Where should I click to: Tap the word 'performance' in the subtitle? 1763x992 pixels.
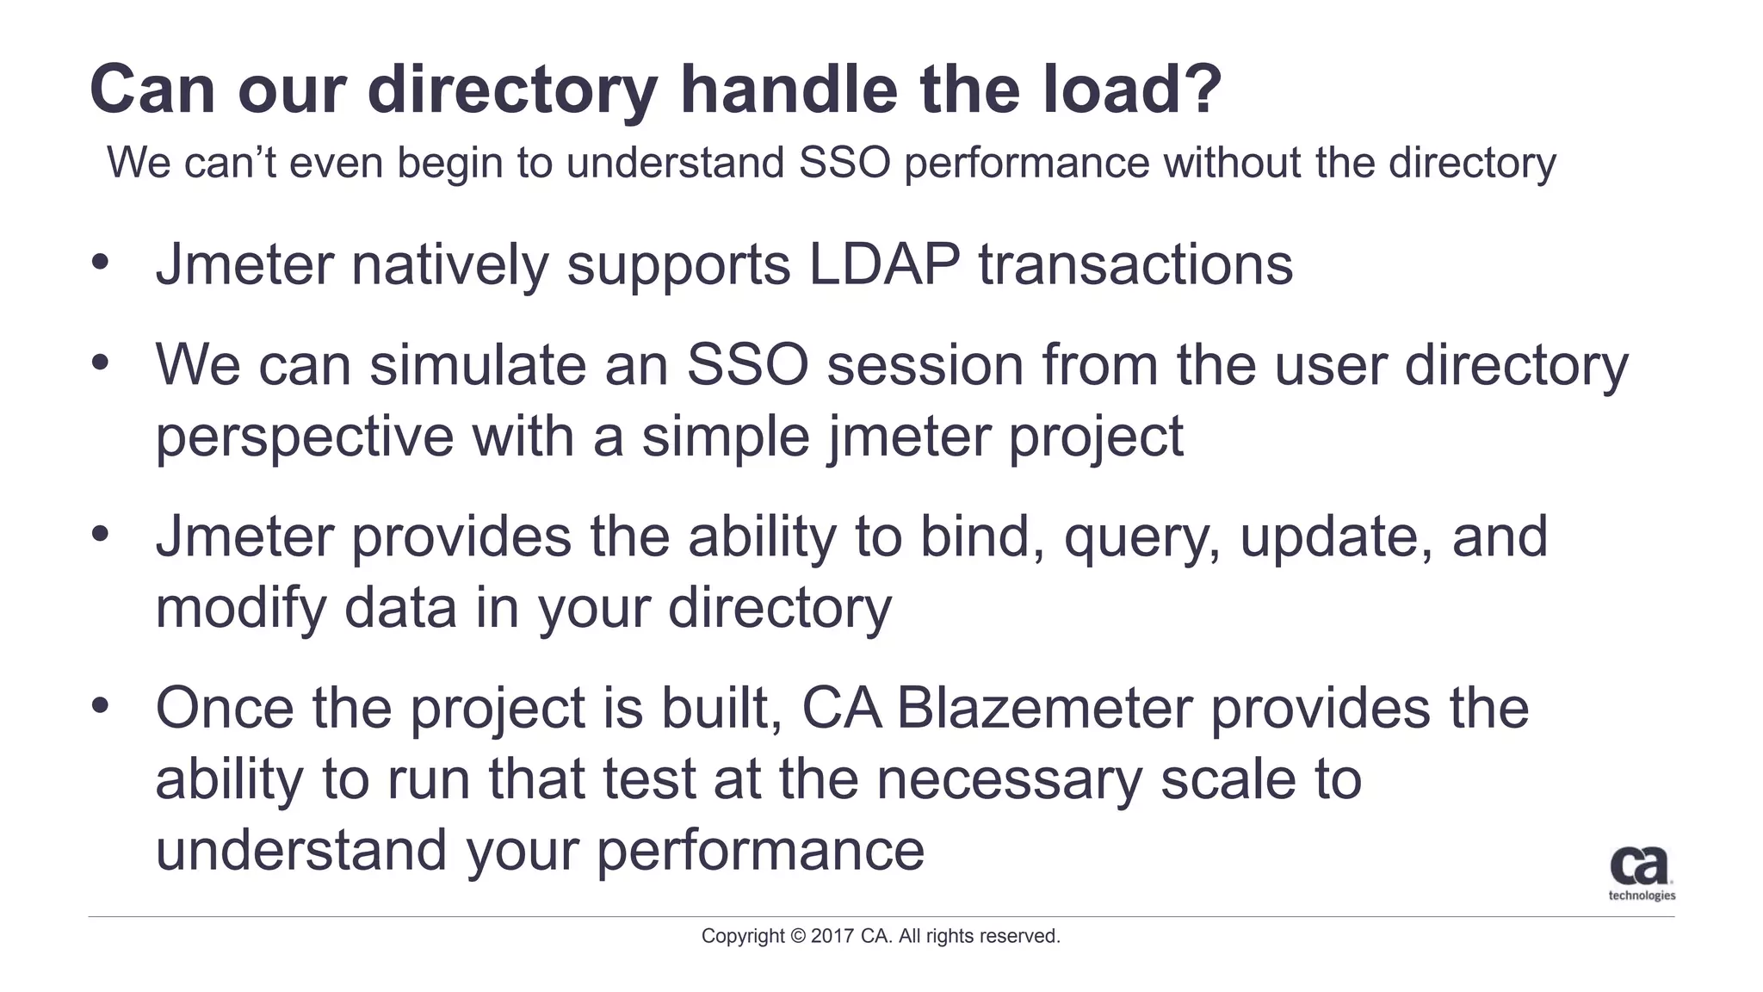click(1026, 163)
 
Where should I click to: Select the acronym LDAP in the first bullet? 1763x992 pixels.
click(884, 264)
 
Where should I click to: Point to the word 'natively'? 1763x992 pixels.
click(449, 264)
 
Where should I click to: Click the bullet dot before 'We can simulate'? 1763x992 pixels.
click(101, 362)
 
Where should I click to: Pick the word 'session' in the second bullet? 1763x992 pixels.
click(925, 364)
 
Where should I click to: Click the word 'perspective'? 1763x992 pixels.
click(304, 437)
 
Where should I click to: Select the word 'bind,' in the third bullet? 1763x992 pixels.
click(981, 536)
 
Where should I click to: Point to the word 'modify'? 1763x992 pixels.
click(240, 609)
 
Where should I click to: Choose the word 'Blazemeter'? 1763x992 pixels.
click(1044, 708)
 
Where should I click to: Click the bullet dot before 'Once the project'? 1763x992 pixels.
click(101, 705)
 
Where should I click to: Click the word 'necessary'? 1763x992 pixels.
click(1008, 781)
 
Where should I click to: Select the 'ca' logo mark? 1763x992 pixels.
click(1639, 865)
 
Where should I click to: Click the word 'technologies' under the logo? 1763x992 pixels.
click(1642, 896)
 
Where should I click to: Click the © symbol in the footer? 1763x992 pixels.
click(798, 936)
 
